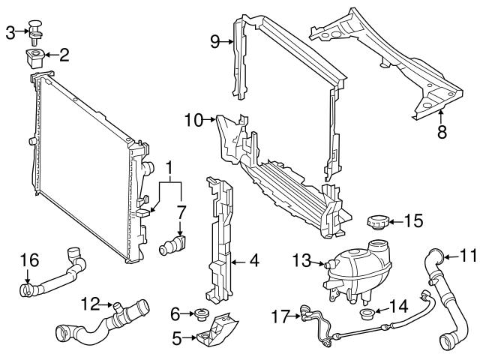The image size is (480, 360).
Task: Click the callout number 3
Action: click(10, 31)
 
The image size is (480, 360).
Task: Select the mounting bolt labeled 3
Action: click(37, 28)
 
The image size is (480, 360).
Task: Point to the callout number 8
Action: click(441, 132)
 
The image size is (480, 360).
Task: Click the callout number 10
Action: click(193, 119)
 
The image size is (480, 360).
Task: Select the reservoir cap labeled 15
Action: click(376, 223)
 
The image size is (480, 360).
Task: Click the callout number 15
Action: click(413, 220)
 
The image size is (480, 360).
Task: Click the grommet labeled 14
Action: click(367, 314)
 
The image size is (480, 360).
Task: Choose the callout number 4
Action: click(254, 262)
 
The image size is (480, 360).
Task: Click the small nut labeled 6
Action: click(200, 313)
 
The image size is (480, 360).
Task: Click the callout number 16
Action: click(28, 259)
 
